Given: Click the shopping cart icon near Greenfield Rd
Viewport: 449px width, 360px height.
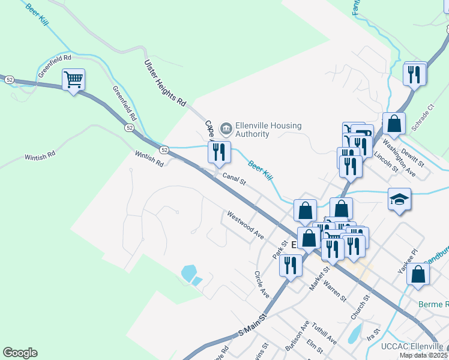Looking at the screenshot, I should click(73, 79).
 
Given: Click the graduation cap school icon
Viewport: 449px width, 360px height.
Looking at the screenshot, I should click(399, 199).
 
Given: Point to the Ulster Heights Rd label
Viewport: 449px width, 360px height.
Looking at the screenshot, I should click(165, 83).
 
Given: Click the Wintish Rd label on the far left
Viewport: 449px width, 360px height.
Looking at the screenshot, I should click(40, 155).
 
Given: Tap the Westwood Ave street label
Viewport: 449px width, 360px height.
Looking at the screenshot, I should click(245, 224).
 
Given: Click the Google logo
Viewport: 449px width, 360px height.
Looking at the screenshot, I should click(20, 353).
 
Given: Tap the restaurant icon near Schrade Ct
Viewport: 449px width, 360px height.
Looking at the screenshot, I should click(415, 73).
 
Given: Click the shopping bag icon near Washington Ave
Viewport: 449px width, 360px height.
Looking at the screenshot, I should click(394, 123).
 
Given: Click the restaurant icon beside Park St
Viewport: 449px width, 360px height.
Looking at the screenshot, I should click(291, 265).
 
